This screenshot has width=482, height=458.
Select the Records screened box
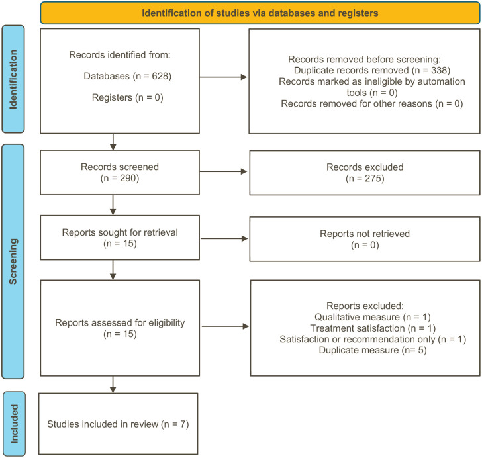(x=119, y=172)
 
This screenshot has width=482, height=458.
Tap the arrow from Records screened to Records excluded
(x=224, y=172)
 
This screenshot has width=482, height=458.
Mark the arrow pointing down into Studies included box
(x=115, y=384)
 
